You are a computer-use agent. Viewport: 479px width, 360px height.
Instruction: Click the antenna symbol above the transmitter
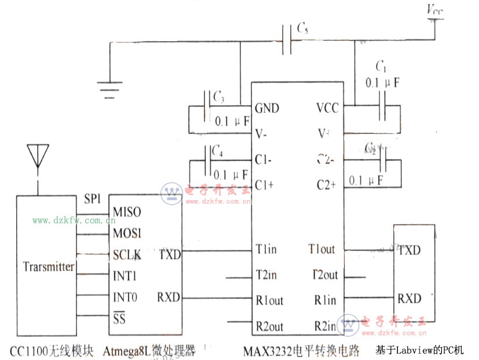(36, 156)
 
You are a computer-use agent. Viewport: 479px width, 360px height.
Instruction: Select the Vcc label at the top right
(434, 10)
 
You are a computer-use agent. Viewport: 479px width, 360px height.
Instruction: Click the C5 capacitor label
(302, 28)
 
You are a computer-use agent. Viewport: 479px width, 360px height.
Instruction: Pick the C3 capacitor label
(218, 97)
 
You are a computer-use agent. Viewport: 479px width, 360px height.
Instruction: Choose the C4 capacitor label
(217, 151)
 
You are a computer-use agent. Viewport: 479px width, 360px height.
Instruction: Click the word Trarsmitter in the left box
(49, 267)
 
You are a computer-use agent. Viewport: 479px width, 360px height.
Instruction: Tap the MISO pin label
(127, 212)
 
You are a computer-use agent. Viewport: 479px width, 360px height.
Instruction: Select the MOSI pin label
(127, 234)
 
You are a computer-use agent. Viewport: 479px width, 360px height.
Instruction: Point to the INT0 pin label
(125, 298)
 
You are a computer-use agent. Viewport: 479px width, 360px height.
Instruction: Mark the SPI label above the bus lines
(93, 199)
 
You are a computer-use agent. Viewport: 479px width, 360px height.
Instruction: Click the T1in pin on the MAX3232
(266, 249)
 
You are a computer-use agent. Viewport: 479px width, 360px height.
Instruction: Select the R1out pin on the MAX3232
(269, 300)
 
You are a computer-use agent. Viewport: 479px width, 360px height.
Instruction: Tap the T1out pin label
(321, 249)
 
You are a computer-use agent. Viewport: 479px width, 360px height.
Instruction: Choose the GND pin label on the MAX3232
(267, 108)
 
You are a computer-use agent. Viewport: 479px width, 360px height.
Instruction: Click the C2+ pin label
(327, 185)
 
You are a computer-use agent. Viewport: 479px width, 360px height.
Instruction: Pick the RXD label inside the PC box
(409, 299)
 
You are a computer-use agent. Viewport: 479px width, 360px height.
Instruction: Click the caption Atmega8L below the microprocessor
(128, 350)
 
